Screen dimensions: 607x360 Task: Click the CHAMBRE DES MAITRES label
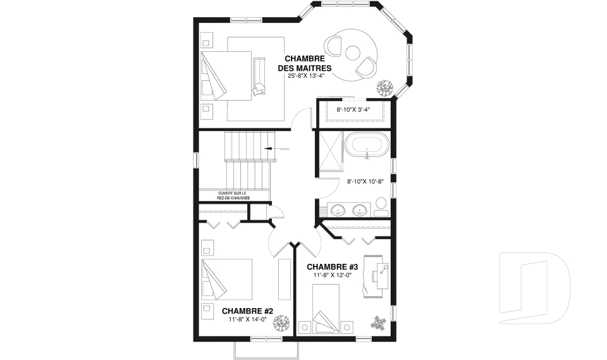(x=305, y=63)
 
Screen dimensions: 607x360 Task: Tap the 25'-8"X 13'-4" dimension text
(x=305, y=76)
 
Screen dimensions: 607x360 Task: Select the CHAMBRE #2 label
(x=248, y=311)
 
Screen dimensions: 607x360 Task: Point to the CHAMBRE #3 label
(x=332, y=267)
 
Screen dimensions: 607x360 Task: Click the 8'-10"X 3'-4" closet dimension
(x=353, y=109)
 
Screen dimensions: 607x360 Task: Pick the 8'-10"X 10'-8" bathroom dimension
(x=365, y=181)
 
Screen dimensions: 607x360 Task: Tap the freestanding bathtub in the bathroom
(x=366, y=146)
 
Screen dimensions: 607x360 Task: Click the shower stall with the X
(x=330, y=151)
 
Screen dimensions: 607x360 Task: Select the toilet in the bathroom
(x=381, y=208)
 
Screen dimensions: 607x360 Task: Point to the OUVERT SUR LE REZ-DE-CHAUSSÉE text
(x=233, y=196)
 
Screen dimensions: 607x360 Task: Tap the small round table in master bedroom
(x=353, y=53)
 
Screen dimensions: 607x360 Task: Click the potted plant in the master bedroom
(x=385, y=89)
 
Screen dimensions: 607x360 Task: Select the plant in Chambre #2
(x=281, y=323)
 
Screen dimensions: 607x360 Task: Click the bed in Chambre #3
(x=326, y=309)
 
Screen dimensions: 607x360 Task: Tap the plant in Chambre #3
(x=378, y=323)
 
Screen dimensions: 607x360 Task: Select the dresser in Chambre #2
(x=285, y=279)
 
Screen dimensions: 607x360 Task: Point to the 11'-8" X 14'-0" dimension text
(x=248, y=320)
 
